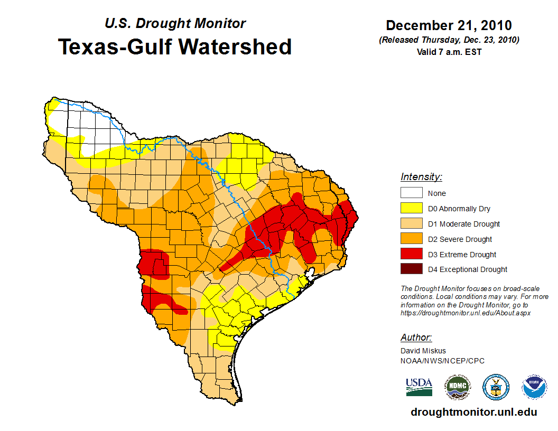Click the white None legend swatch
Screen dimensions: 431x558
pyautogui.click(x=411, y=193)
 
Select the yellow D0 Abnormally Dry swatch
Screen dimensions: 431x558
pyautogui.click(x=411, y=209)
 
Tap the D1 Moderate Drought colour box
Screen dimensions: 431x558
pyautogui.click(x=411, y=224)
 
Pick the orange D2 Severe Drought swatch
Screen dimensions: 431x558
pyautogui.click(x=411, y=239)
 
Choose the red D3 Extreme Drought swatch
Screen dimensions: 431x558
pyautogui.click(x=411, y=255)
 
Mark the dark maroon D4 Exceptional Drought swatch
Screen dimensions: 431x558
pyautogui.click(x=411, y=269)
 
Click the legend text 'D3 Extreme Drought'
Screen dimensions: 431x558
pyautogui.click(x=462, y=255)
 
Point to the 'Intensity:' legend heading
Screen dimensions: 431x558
pyautogui.click(x=421, y=177)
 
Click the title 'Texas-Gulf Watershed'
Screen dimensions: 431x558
pyautogui.click(x=175, y=46)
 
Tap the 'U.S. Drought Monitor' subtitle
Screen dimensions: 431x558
pyautogui.click(x=175, y=24)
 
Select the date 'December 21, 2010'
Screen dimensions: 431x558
pyautogui.click(x=449, y=25)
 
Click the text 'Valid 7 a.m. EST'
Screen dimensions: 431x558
pyautogui.click(x=449, y=52)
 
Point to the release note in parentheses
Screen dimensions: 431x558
pyautogui.click(x=449, y=40)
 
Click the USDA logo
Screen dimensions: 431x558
pyautogui.click(x=419, y=387)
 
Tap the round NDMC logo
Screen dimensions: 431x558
pyautogui.click(x=457, y=387)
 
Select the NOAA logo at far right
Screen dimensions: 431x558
pyautogui.click(x=534, y=387)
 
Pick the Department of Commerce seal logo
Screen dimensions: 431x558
pyautogui.click(x=496, y=387)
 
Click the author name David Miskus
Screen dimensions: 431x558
pyautogui.click(x=423, y=351)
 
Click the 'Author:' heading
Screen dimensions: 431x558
pyautogui.click(x=416, y=338)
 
